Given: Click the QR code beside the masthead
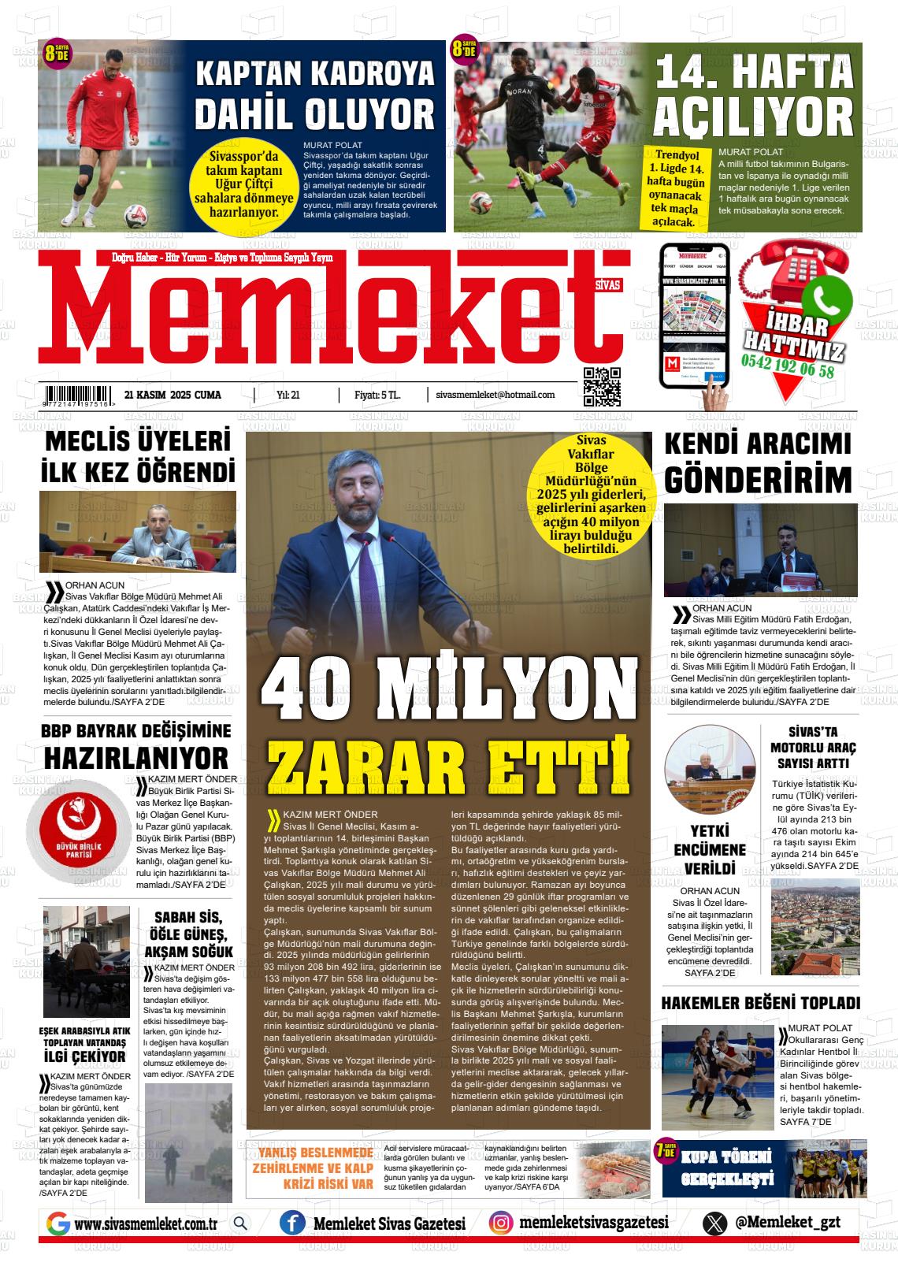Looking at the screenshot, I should point(602,387).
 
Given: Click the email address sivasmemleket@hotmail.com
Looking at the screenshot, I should point(495,395).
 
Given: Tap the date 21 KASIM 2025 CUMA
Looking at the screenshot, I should point(173,395).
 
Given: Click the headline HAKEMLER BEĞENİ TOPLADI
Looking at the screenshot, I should point(760,1003).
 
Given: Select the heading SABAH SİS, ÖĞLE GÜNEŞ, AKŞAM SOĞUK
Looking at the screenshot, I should point(188,935).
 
